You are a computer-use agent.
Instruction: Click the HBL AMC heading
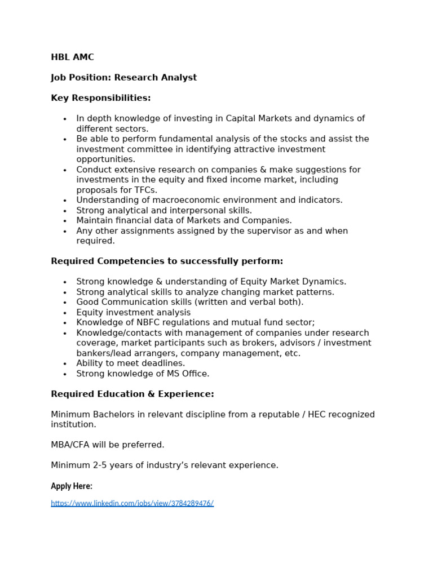[x=72, y=57]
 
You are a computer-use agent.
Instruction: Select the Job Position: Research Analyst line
[x=123, y=77]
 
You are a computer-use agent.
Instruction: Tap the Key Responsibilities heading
[x=101, y=98]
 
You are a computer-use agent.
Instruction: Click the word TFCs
[x=144, y=190]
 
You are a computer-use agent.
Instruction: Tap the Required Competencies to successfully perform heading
[x=167, y=261]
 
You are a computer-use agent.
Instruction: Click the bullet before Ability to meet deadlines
[x=65, y=364]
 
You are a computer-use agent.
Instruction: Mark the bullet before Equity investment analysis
[x=65, y=313]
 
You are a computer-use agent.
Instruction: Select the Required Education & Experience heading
[x=132, y=394]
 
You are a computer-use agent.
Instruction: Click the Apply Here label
[x=72, y=486]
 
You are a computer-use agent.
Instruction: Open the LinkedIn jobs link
[x=132, y=503]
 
